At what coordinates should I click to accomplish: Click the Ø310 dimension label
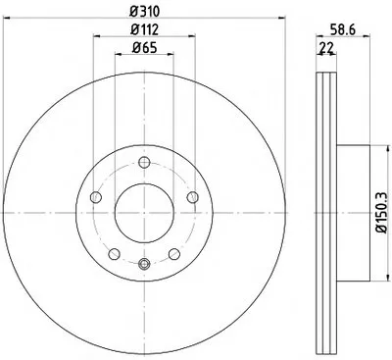coord(144,12)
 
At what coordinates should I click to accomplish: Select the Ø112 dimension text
coord(144,29)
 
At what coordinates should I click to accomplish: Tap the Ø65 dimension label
coord(144,48)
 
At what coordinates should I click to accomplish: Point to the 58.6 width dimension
coord(342,29)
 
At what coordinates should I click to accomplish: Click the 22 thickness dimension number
coord(326,48)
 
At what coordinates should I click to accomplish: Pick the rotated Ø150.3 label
coord(382,213)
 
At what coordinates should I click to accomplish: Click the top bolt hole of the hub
coord(144,162)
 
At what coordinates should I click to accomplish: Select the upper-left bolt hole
coord(96,197)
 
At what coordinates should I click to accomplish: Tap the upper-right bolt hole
coord(192,197)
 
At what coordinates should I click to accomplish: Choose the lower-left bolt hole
coord(114,254)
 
